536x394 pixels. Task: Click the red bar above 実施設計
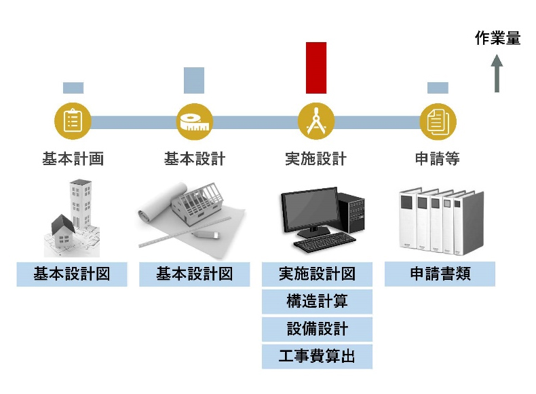(x=316, y=67)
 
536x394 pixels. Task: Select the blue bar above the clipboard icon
(x=73, y=88)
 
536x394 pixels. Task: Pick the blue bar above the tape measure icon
(x=194, y=80)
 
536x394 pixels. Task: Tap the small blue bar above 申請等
(x=438, y=88)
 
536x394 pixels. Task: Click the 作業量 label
(x=497, y=39)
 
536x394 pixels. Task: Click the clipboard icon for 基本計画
(x=73, y=122)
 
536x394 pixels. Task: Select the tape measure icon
(x=195, y=122)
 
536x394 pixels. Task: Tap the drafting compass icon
(x=316, y=122)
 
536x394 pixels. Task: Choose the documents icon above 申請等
(x=438, y=122)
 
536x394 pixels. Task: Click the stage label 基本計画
(x=73, y=159)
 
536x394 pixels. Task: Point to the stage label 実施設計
(x=316, y=159)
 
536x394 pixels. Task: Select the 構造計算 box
(x=317, y=302)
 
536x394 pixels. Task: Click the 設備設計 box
(x=317, y=329)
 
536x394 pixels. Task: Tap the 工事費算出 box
(x=317, y=357)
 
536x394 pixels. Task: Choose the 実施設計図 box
(x=317, y=274)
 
